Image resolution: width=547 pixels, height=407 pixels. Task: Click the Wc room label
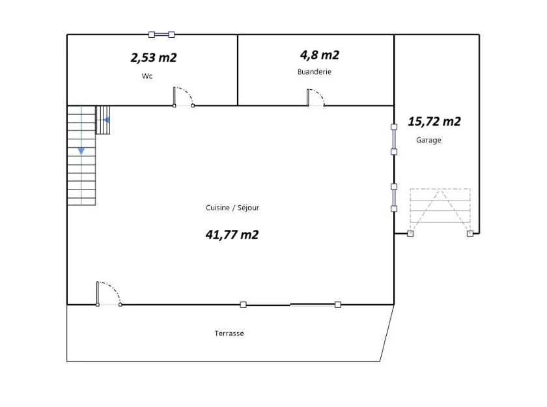(147, 76)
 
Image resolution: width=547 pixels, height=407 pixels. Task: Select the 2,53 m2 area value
(154, 57)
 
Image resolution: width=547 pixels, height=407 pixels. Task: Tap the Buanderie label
(315, 72)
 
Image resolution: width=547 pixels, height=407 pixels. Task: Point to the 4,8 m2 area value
(320, 55)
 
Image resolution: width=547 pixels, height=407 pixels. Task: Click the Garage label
(428, 140)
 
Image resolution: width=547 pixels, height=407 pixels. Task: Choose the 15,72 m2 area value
(434, 121)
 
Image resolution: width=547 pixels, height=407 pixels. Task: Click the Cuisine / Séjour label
(232, 208)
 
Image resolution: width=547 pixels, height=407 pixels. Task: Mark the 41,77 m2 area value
(232, 234)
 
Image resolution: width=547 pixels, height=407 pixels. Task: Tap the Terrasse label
(229, 333)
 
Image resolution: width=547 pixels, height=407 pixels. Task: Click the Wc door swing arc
(188, 92)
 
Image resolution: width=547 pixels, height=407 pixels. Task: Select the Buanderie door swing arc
(320, 94)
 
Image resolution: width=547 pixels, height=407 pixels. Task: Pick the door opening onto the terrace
(109, 294)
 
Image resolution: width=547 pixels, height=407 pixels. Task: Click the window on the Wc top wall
(161, 35)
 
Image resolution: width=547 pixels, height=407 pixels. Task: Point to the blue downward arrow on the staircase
(81, 151)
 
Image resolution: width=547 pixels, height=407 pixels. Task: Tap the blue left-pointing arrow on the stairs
(107, 120)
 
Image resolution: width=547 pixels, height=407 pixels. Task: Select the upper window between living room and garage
(394, 139)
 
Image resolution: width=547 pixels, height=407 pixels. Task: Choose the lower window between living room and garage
(394, 198)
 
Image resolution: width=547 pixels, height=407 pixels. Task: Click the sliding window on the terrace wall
(290, 305)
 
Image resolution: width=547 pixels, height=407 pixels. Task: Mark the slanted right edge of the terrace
(387, 333)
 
